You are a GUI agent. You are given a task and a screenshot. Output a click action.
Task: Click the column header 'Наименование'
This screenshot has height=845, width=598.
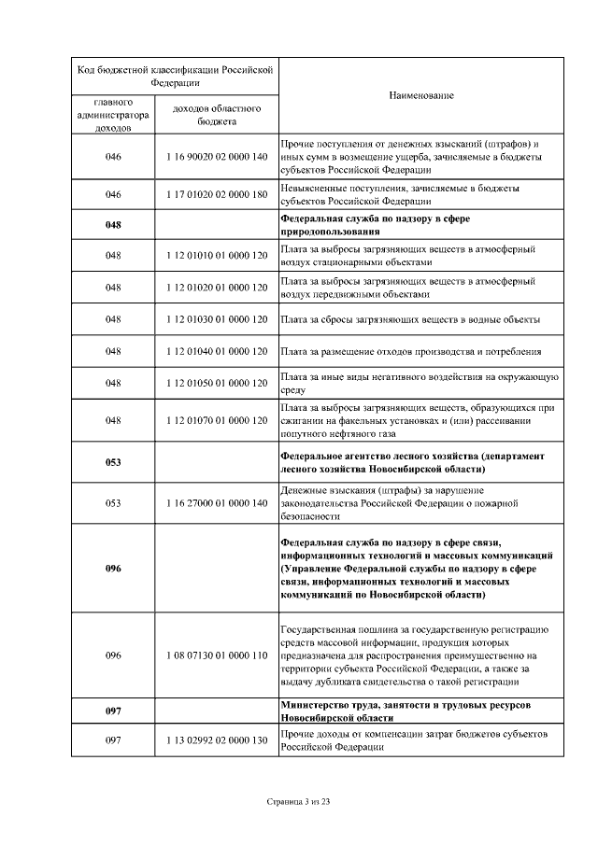[x=420, y=96]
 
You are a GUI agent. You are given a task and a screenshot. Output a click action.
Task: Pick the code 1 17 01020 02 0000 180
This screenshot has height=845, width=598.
[x=216, y=194]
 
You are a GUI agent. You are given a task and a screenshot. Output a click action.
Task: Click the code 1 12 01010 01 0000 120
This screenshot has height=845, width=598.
[x=216, y=255]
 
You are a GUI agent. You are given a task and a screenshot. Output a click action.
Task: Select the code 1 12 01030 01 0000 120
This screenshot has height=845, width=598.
[x=216, y=319]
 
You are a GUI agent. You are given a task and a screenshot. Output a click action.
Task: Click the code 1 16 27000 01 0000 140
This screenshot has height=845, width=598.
[x=216, y=503]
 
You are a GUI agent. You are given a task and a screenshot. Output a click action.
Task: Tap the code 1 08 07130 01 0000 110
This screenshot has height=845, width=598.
[x=216, y=655]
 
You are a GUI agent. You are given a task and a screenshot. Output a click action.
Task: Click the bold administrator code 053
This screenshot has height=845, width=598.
[x=113, y=462]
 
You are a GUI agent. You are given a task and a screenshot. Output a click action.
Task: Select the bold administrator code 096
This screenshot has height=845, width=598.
[x=113, y=569]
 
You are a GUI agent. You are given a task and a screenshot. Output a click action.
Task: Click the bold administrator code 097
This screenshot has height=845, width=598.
[x=113, y=711]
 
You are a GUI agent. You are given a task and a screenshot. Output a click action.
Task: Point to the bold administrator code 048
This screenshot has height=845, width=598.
[x=113, y=224]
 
